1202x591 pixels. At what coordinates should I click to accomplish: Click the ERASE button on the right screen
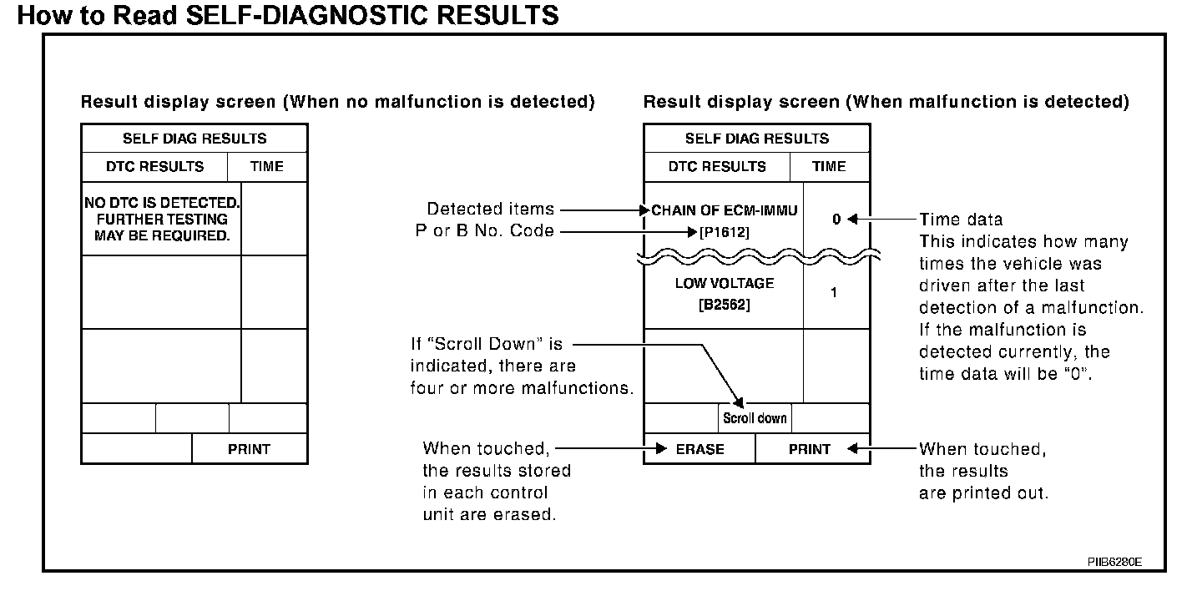tap(699, 449)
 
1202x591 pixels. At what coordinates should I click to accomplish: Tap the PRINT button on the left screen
tap(249, 449)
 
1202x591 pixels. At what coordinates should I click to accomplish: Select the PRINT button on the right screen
tap(810, 449)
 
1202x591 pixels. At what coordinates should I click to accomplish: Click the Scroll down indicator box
tap(755, 417)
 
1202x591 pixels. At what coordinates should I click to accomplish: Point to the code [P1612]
tap(724, 233)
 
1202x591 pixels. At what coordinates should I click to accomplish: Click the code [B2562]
tap(724, 306)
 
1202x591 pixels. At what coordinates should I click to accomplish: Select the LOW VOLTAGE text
tap(724, 284)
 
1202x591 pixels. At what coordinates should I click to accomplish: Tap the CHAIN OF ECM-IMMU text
tap(725, 210)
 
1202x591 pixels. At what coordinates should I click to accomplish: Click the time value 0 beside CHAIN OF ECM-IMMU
tap(836, 220)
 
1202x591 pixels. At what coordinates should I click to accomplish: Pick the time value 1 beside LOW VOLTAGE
tap(835, 293)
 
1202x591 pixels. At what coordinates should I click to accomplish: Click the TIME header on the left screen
tap(267, 166)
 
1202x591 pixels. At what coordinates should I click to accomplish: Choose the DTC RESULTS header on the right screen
tap(717, 166)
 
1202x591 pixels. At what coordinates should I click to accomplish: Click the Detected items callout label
tap(490, 209)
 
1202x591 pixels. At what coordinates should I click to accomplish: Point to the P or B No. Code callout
tap(485, 231)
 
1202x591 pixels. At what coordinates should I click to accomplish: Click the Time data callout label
tap(961, 220)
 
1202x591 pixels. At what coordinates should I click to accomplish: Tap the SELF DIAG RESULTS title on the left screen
tap(194, 139)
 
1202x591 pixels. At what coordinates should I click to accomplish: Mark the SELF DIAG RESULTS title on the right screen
tap(757, 139)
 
